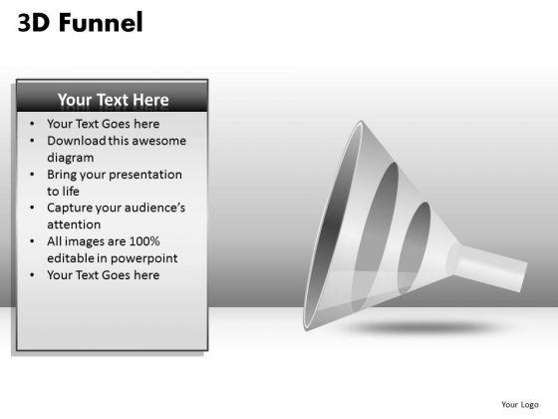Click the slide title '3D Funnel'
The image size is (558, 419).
tap(81, 22)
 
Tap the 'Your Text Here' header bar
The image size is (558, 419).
tap(113, 100)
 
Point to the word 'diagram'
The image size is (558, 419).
tap(71, 158)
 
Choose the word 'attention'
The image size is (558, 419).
tap(74, 224)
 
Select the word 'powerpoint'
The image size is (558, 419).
tap(139, 258)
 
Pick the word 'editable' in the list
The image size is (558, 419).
tap(72, 258)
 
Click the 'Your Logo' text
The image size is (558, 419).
tap(520, 404)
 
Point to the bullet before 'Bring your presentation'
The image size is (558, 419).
tap(34, 175)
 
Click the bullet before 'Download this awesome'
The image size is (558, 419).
tap(34, 141)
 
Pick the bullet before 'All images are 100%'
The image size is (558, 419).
tap(34, 241)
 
